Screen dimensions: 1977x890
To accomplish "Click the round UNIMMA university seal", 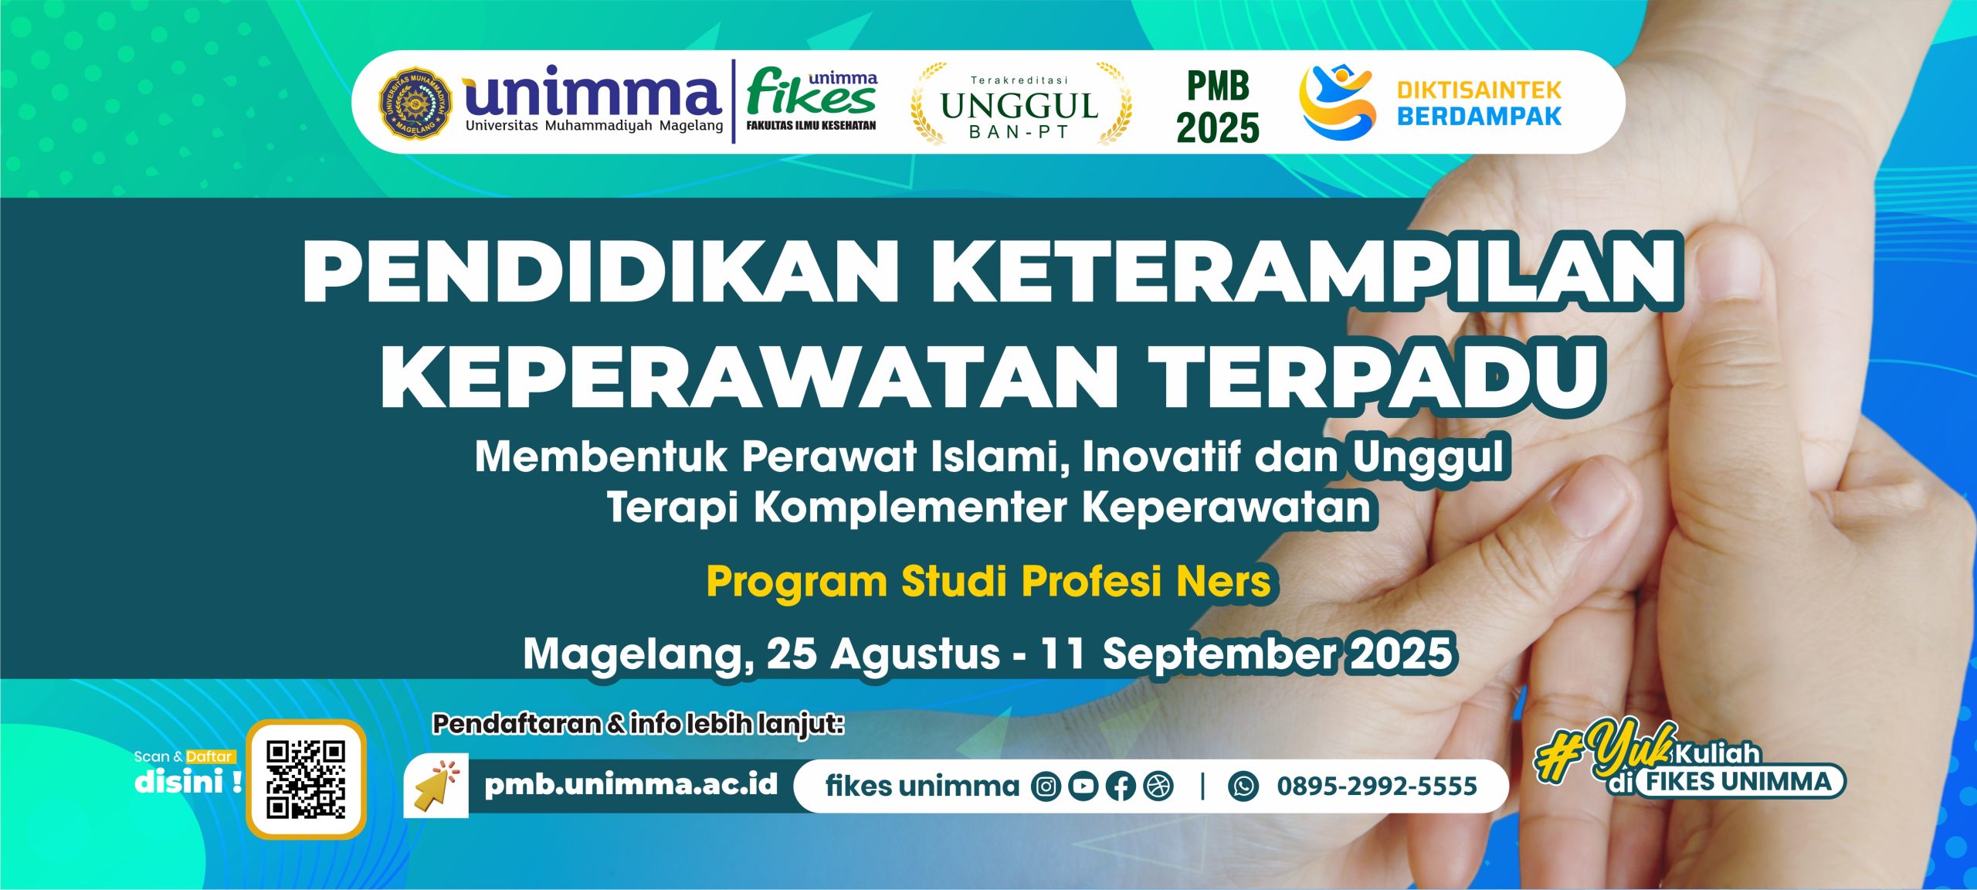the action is point(415,102).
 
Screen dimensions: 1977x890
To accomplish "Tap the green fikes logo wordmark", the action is point(811,94).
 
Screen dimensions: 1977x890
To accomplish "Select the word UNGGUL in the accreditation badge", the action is point(1019,106).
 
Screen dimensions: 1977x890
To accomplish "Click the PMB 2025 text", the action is point(1218,107).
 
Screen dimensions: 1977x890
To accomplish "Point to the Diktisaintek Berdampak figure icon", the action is point(1337,102).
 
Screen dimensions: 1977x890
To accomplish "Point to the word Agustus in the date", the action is point(915,654).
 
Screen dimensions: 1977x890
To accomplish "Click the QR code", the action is point(306,779).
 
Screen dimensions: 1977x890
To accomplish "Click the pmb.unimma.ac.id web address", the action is point(631,785).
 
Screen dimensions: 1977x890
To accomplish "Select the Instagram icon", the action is point(1046,786).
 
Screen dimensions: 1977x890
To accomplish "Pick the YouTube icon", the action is point(1083,786).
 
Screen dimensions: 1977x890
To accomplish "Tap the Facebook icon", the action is point(1121,786).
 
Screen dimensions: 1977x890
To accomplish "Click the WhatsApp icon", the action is point(1243,786).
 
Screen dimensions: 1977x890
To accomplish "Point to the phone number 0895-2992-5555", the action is point(1377,786).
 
